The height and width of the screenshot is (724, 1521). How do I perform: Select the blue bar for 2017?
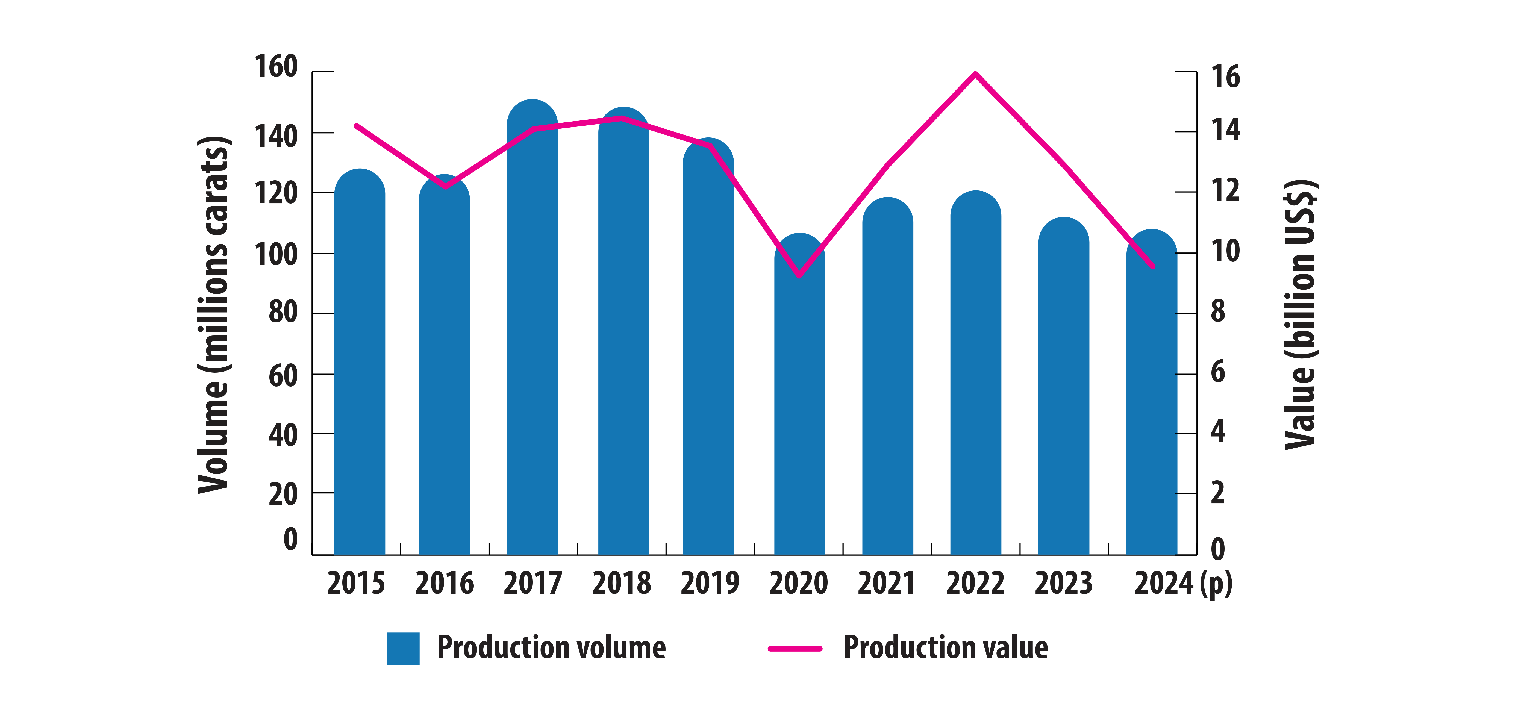point(532,331)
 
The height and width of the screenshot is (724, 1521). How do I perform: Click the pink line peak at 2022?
point(975,74)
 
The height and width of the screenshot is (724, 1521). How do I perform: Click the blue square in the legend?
point(403,648)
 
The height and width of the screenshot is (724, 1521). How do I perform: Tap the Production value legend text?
point(945,648)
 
